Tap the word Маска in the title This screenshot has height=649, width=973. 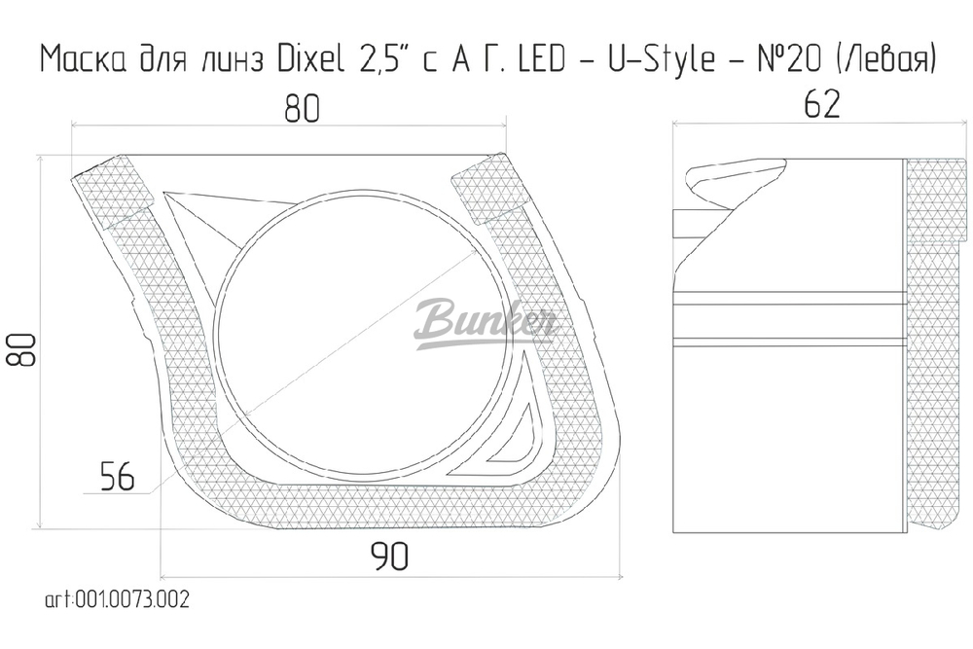(82, 60)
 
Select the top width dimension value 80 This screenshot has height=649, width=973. (302, 110)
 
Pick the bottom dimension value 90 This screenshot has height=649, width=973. (388, 557)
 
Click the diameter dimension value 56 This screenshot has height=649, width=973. (117, 477)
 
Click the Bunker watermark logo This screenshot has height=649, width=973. (484, 323)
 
